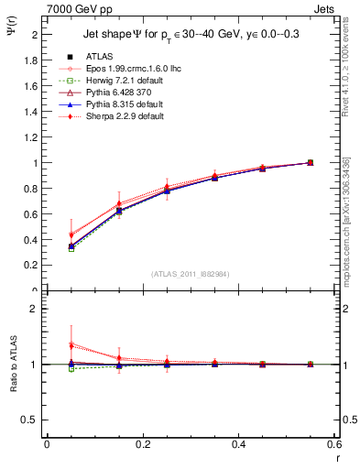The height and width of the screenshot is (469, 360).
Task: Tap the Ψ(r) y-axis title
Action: [x=11, y=34]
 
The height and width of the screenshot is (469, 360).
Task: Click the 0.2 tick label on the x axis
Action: [x=142, y=445]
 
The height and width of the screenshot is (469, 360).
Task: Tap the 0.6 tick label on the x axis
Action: [x=333, y=445]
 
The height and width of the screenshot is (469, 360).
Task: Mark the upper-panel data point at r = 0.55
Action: [x=310, y=162]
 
